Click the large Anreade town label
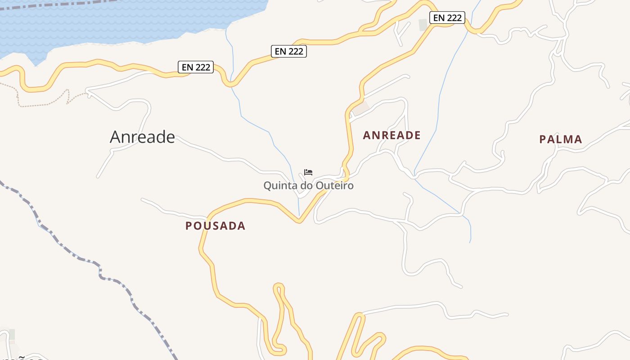(x=142, y=137)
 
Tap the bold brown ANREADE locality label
(x=391, y=135)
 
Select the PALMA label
(x=561, y=139)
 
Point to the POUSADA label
(x=216, y=226)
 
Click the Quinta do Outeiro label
(x=308, y=185)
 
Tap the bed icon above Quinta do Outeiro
(x=308, y=172)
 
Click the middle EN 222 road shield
(x=289, y=51)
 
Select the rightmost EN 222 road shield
(x=447, y=18)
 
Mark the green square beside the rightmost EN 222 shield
(x=423, y=25)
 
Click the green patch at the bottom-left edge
(x=12, y=334)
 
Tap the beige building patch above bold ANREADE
(x=360, y=108)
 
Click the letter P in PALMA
(x=543, y=139)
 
